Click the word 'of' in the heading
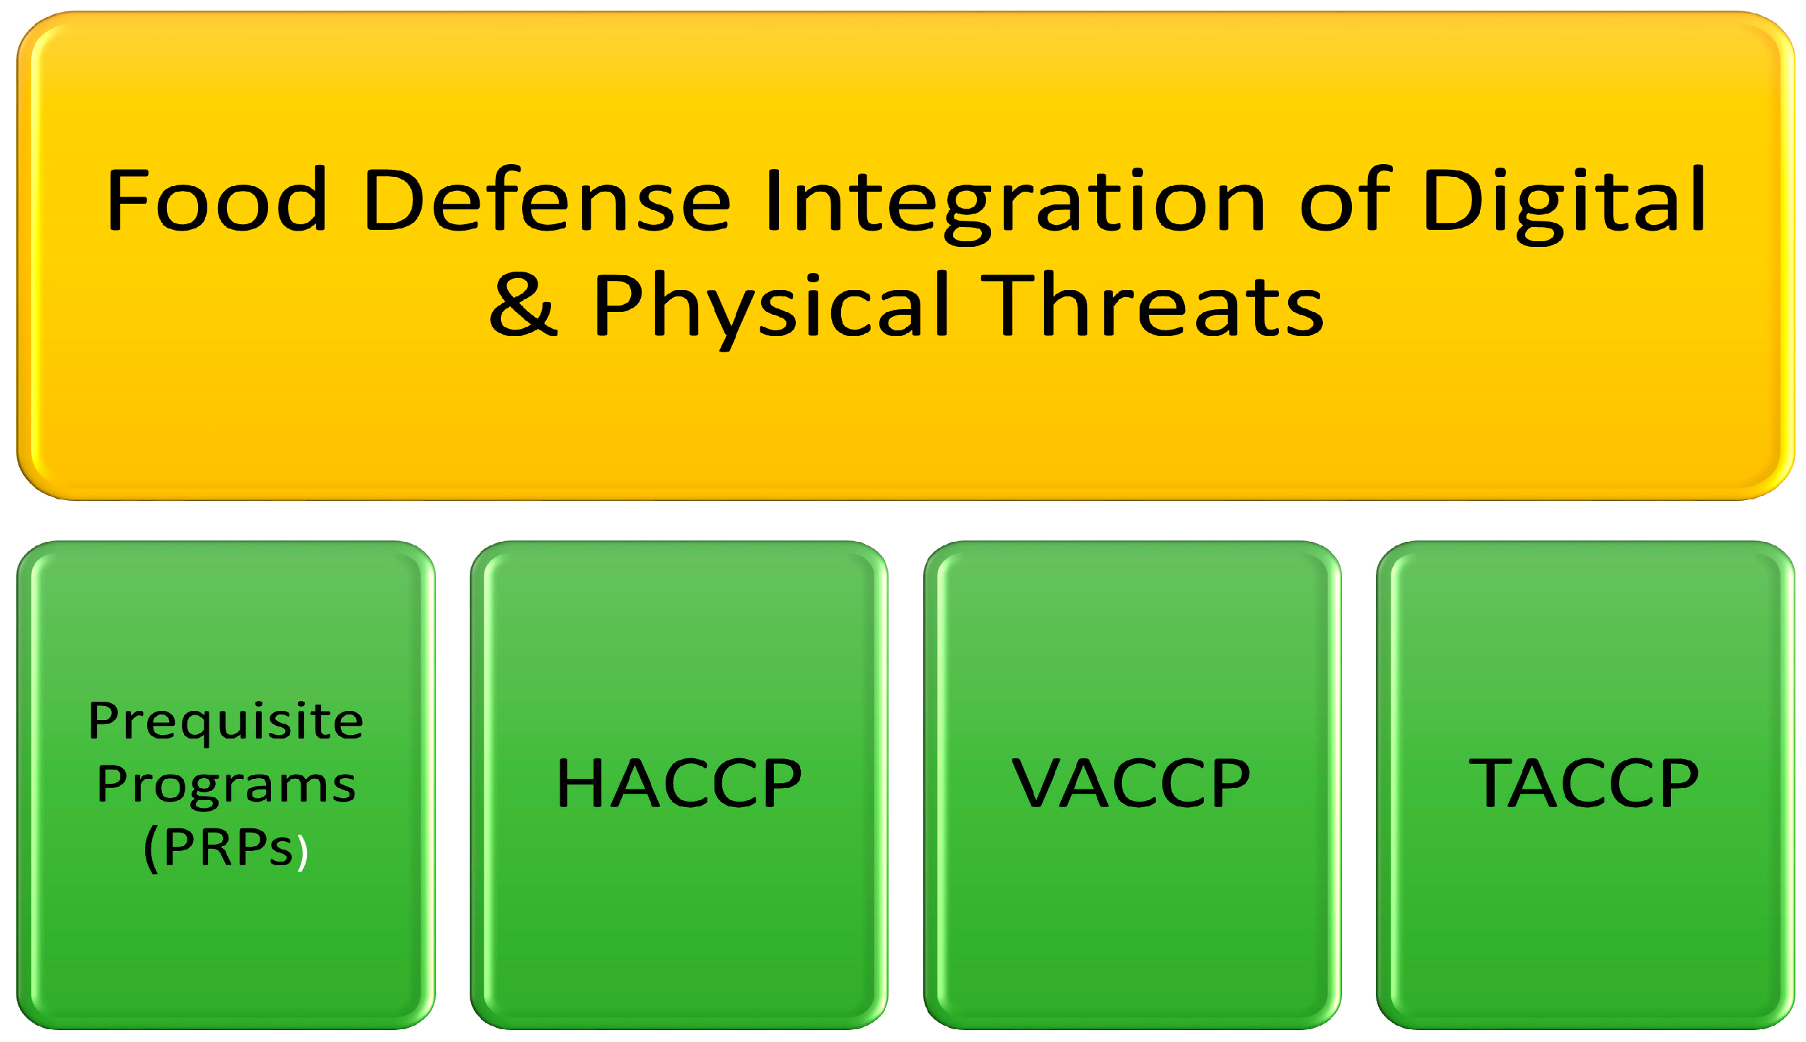(x=1345, y=198)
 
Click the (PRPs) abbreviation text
(x=226, y=850)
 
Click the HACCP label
(x=679, y=784)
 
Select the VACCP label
(x=1131, y=784)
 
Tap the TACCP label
(x=1583, y=784)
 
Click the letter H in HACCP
(x=581, y=784)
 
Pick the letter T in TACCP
(x=1490, y=784)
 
